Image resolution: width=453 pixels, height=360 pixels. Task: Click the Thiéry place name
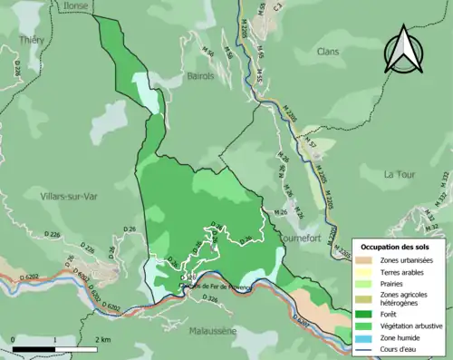pyautogui.click(x=32, y=40)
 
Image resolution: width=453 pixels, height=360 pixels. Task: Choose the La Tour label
pyautogui.click(x=399, y=174)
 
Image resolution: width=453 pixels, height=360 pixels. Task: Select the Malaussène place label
pyautogui.click(x=213, y=332)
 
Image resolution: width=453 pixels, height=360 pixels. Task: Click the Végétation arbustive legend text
pyautogui.click(x=410, y=326)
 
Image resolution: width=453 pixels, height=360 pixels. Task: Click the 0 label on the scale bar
pyautogui.click(x=14, y=339)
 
